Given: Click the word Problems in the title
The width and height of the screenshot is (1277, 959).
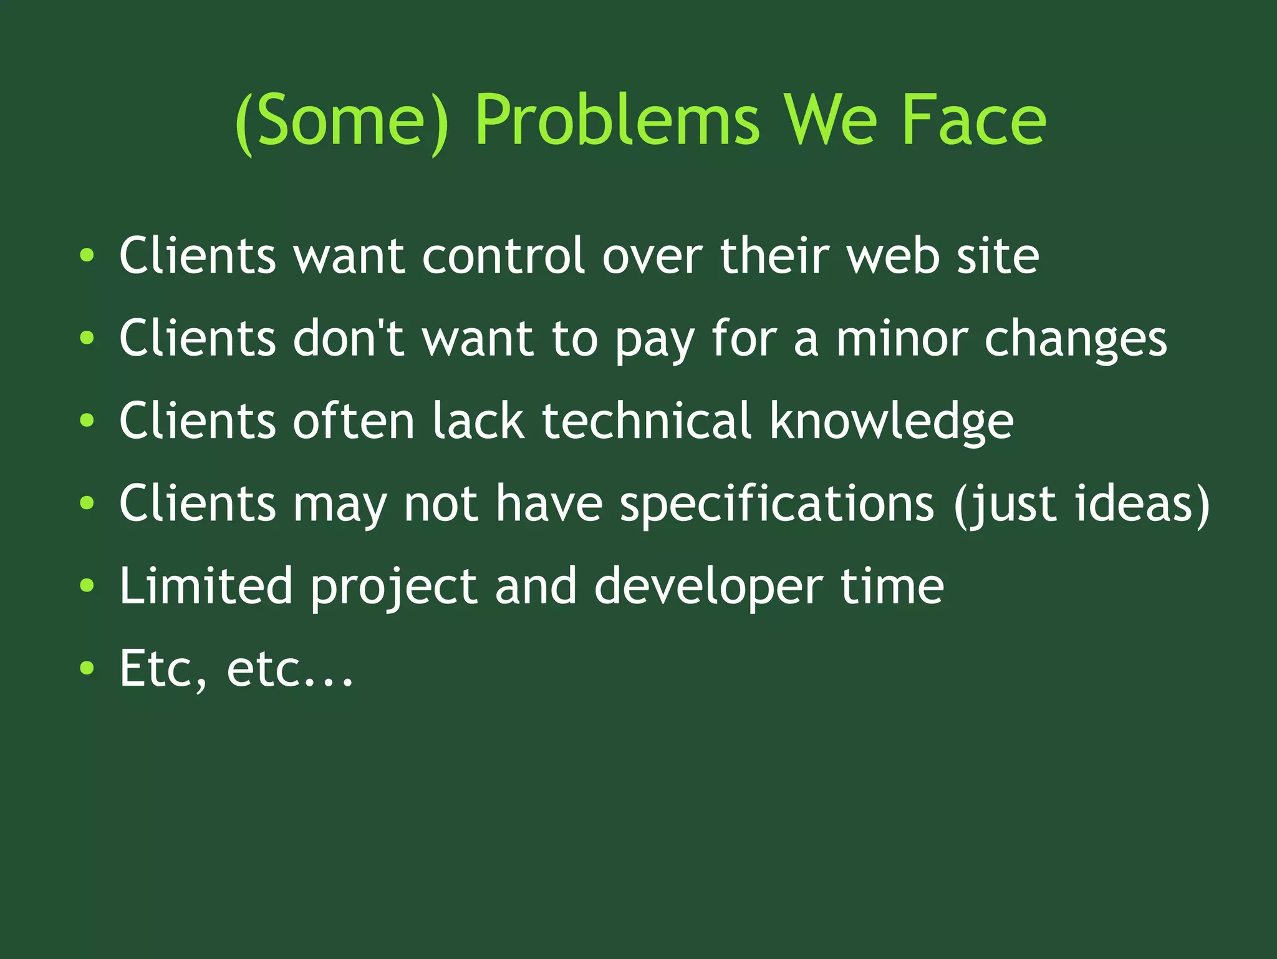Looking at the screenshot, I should click(617, 120).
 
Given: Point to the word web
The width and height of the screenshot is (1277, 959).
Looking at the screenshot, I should click(893, 255).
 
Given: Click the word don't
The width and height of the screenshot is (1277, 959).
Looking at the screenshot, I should click(350, 338).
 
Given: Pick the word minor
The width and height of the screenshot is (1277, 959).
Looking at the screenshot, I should click(902, 338).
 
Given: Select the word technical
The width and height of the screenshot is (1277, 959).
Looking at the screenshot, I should click(647, 421).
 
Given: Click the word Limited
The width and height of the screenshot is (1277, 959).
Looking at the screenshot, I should click(206, 585).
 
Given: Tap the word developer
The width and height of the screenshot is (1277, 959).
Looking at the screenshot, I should click(708, 588).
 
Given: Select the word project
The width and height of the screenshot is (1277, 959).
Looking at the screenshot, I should click(394, 588).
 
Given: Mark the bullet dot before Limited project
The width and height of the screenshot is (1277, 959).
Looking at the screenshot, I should click(87, 586).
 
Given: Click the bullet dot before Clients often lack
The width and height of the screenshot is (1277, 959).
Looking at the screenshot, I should click(87, 421).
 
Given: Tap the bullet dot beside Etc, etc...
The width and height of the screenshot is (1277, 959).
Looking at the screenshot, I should click(87, 668).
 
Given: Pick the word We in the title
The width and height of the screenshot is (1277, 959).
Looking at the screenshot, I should click(830, 120).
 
